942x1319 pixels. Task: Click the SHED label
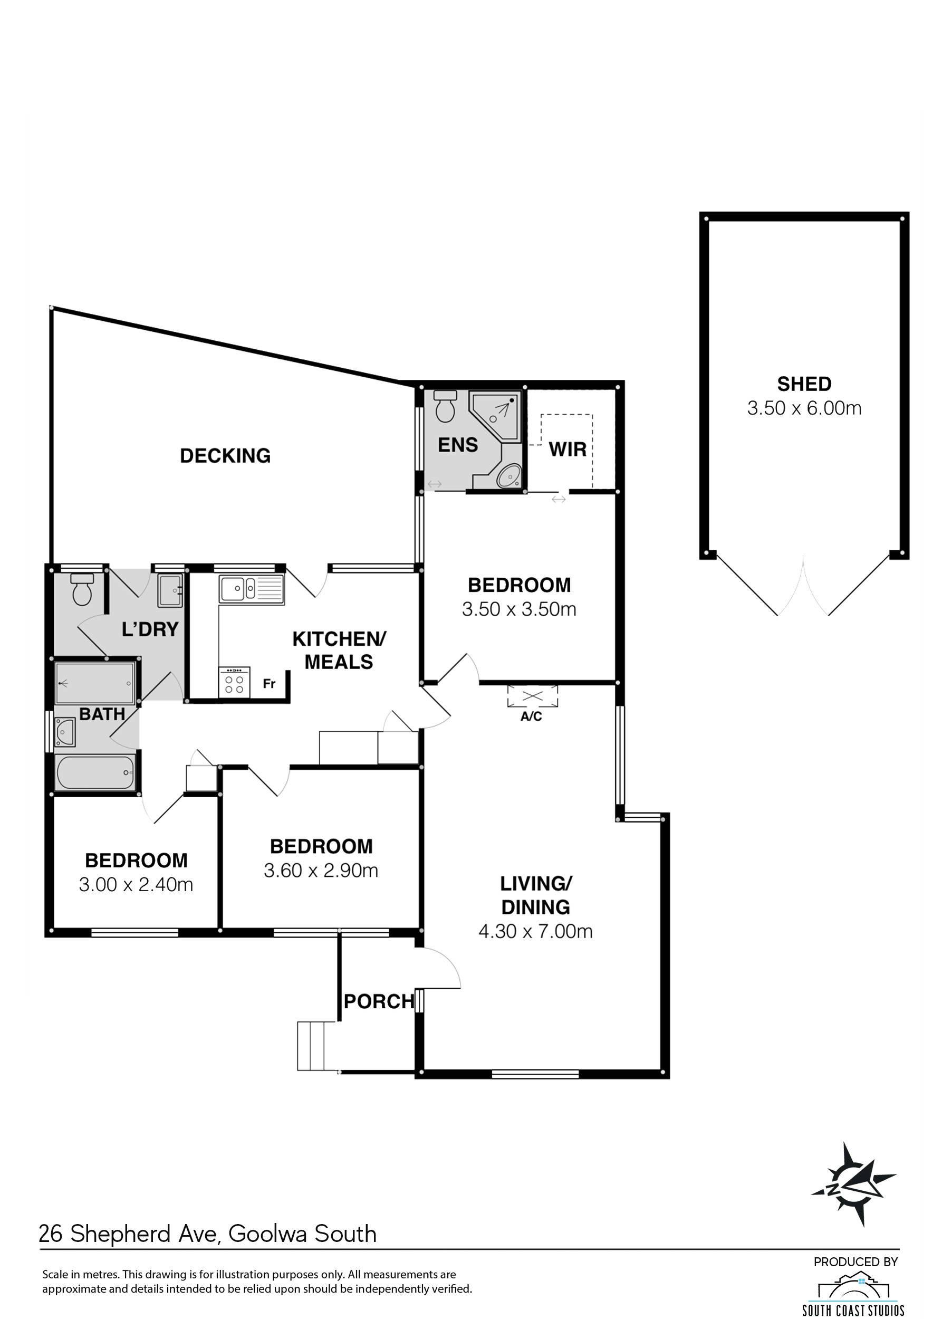804,384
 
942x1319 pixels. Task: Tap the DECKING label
225,456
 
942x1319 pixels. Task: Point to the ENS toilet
445,406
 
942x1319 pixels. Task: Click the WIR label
568,449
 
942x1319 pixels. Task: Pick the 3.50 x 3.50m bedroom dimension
519,609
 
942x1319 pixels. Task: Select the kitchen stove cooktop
234,682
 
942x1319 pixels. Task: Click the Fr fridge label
269,684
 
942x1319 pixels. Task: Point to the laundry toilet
82,589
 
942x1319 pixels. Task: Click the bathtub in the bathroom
95,773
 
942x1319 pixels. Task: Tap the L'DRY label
150,629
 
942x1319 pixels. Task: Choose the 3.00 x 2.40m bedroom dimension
136,884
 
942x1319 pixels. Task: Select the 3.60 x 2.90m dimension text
321,871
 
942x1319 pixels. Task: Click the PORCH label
379,1001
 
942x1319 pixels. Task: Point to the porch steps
318,1046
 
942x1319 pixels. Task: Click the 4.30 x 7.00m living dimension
535,931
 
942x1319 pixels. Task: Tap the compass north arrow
853,1184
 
